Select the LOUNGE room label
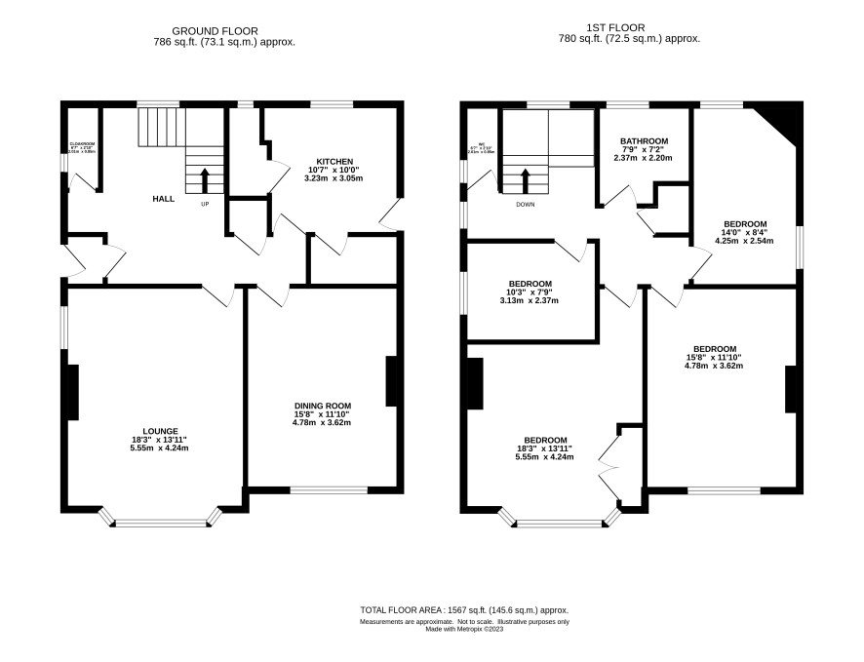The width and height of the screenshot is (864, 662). click(x=160, y=430)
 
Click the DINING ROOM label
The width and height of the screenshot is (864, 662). click(x=322, y=405)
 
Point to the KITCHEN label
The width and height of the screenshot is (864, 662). click(x=334, y=161)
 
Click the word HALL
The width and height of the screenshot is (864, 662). click(x=163, y=198)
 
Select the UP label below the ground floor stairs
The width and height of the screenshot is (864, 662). click(x=205, y=204)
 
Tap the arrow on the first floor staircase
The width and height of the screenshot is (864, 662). click(x=526, y=180)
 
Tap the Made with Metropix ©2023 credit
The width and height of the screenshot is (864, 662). click(x=464, y=629)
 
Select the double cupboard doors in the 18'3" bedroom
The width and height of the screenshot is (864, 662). click(x=608, y=469)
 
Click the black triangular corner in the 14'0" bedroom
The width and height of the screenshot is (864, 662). click(x=784, y=119)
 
